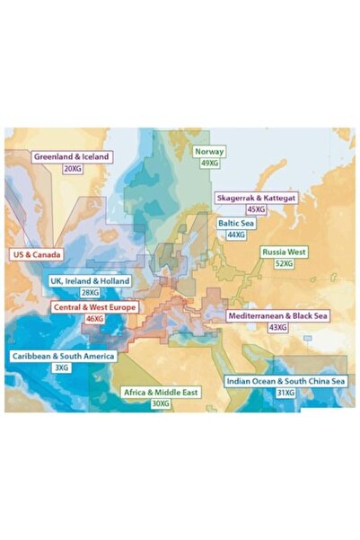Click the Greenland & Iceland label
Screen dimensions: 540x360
71,156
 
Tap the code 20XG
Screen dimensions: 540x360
72,168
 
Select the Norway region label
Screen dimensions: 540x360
209,152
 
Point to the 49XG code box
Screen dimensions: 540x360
209,164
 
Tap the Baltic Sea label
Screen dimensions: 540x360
236,222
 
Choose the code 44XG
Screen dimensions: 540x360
236,234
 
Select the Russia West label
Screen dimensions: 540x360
285,252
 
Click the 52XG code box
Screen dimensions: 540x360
284,264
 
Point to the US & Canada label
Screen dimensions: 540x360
37,254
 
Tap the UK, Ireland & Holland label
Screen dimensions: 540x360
90,281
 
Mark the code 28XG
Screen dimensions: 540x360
90,293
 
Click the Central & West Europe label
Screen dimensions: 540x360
94,307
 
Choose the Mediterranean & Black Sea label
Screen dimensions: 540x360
278,316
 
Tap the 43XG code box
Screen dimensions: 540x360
278,328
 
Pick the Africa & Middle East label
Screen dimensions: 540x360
161,393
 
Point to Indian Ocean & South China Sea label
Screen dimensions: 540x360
285,381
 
